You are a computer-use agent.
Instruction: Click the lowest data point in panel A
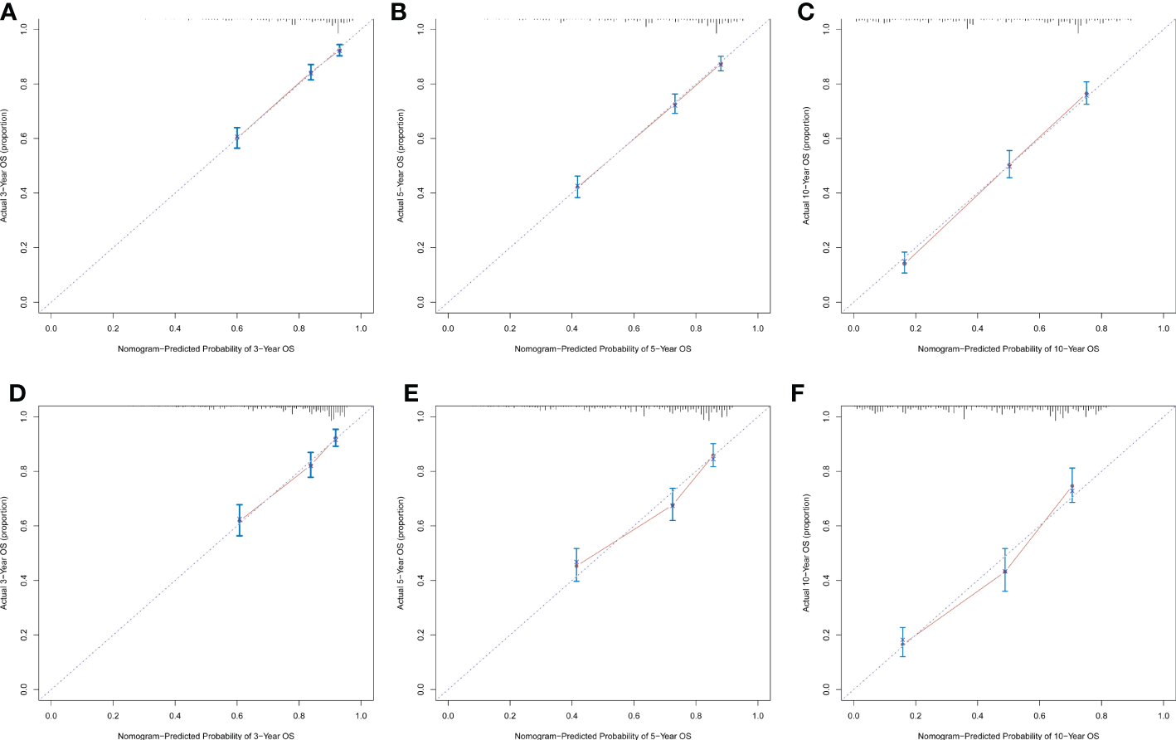pyautogui.click(x=237, y=137)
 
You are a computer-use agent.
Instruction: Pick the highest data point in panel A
pyautogui.click(x=339, y=51)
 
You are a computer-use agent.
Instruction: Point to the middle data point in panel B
pyautogui.click(x=674, y=105)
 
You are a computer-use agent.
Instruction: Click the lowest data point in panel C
pyautogui.click(x=904, y=263)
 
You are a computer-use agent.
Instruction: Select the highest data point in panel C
pyautogui.click(x=1086, y=94)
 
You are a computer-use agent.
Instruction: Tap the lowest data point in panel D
pyautogui.click(x=240, y=520)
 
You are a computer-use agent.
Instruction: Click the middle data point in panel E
pyautogui.click(x=673, y=504)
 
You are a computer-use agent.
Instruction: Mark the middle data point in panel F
pyautogui.click(x=1004, y=572)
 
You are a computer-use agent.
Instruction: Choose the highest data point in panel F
pyautogui.click(x=1072, y=487)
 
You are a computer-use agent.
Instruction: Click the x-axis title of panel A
pyautogui.click(x=206, y=349)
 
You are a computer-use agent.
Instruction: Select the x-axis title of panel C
pyautogui.click(x=1008, y=349)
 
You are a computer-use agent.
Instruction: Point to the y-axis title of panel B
pyautogui.click(x=401, y=165)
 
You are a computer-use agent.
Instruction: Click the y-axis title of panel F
pyautogui.click(x=806, y=553)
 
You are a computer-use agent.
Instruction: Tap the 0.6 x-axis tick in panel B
pyautogui.click(x=634, y=329)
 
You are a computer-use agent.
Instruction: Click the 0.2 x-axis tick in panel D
pyautogui.click(x=113, y=716)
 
